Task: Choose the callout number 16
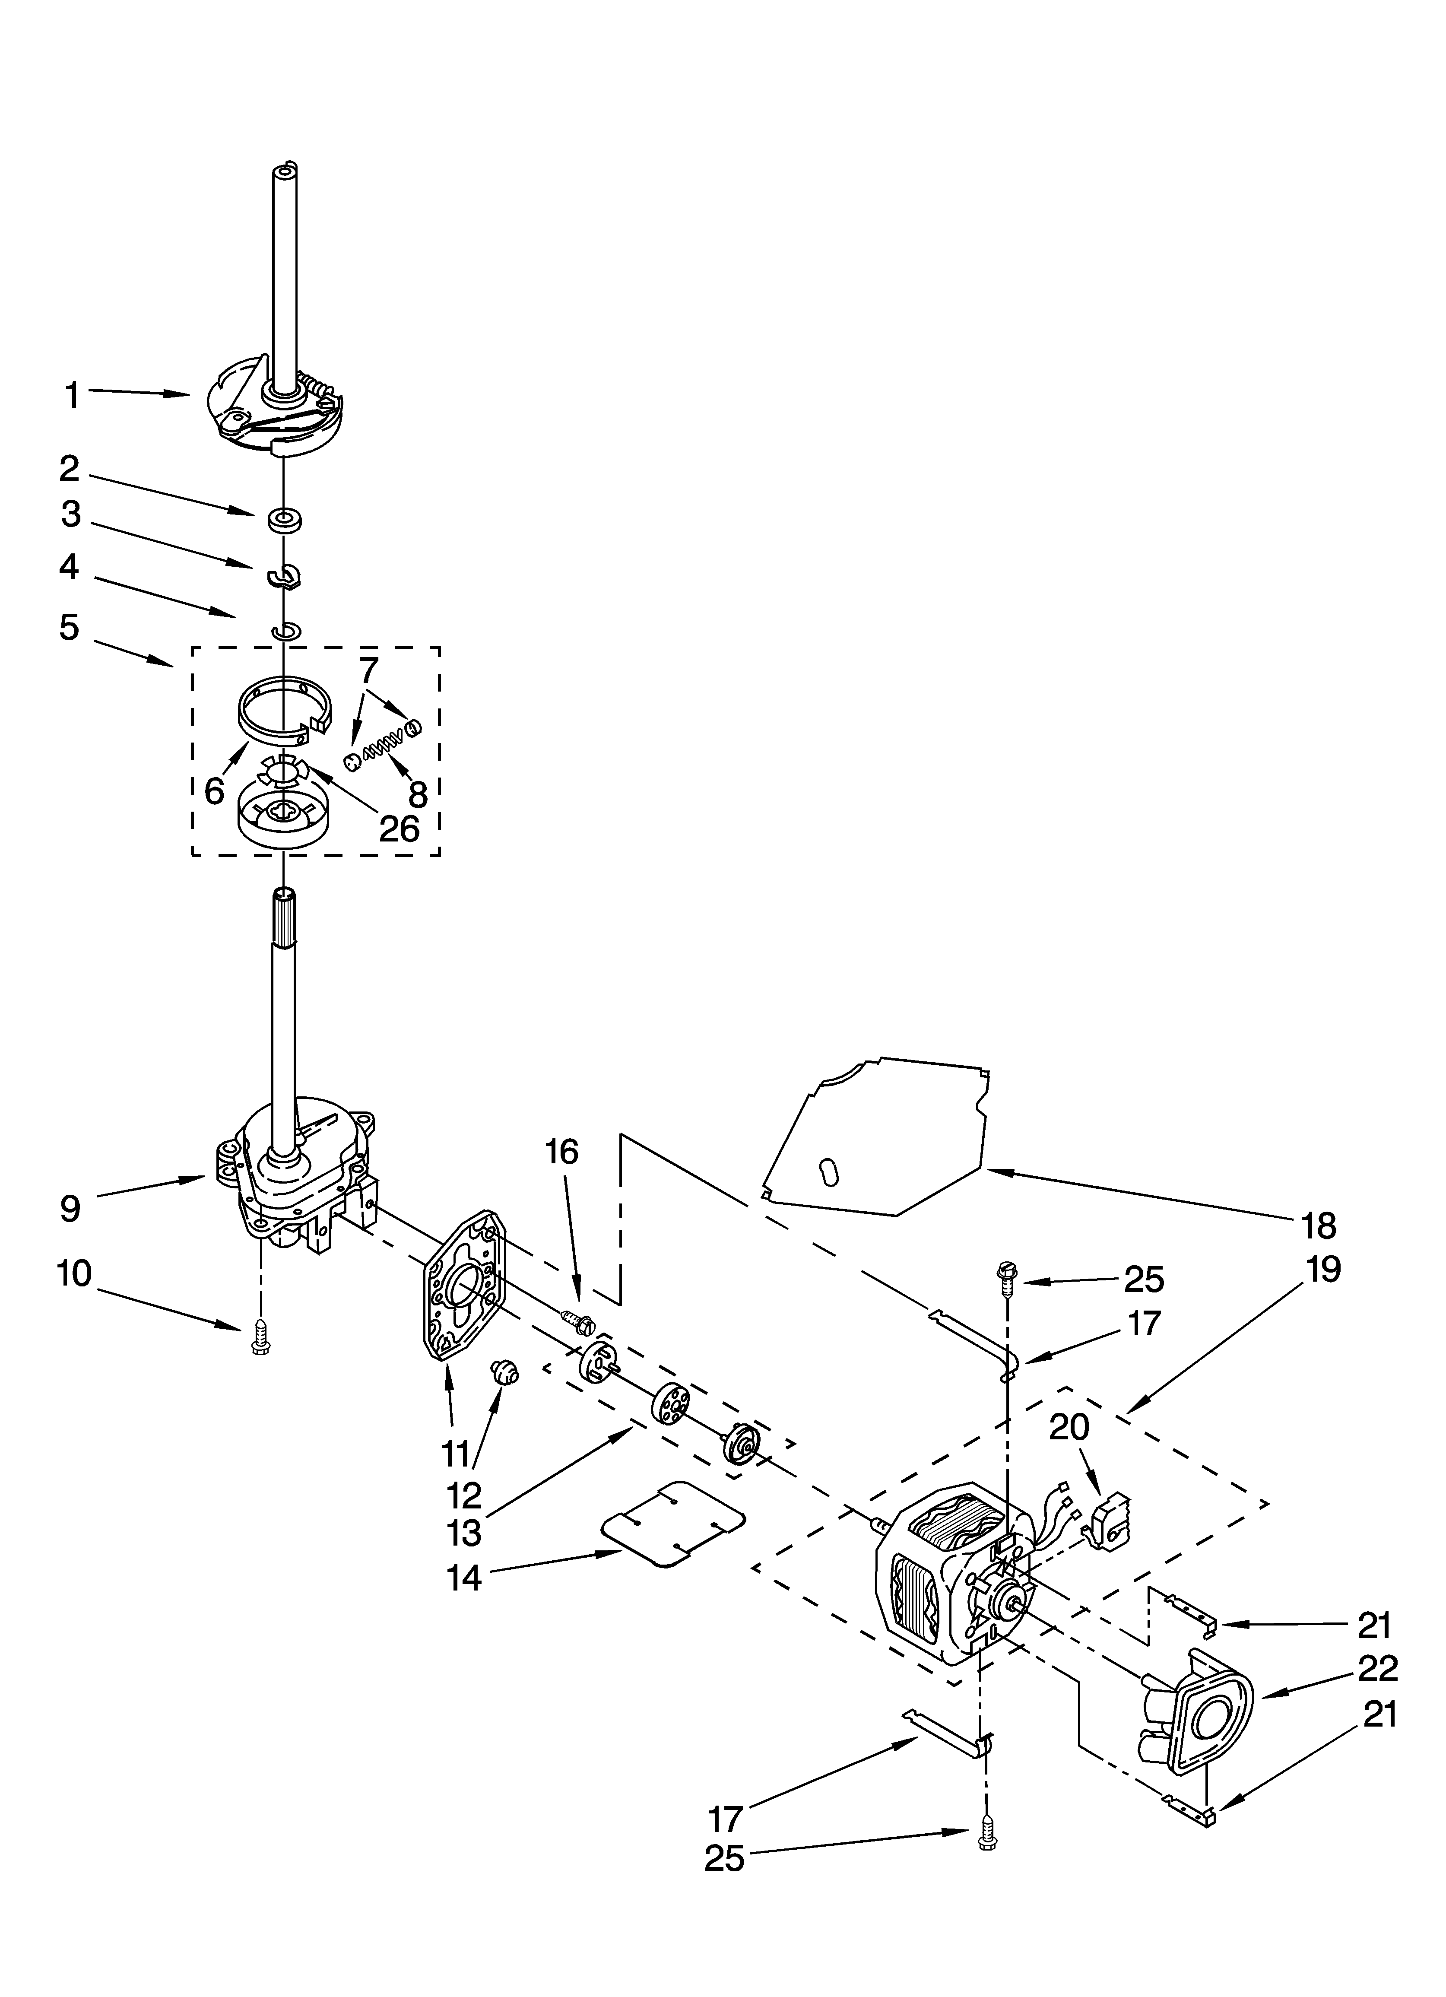tap(562, 1152)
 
